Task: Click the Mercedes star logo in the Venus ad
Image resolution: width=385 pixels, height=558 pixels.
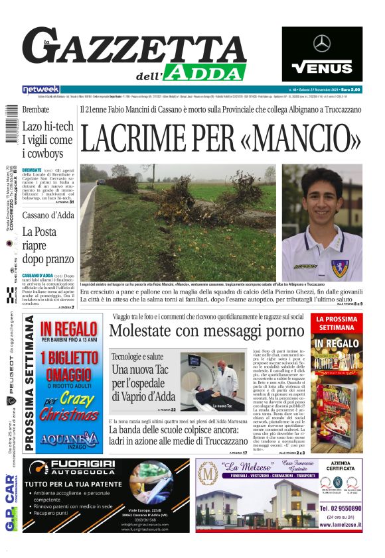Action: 322,44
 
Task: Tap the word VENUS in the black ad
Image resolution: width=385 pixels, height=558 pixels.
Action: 322,67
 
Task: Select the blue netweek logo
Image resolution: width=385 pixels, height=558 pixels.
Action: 40,89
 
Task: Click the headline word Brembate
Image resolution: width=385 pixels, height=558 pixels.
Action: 36,109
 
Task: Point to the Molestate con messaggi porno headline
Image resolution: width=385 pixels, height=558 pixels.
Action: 206,331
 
